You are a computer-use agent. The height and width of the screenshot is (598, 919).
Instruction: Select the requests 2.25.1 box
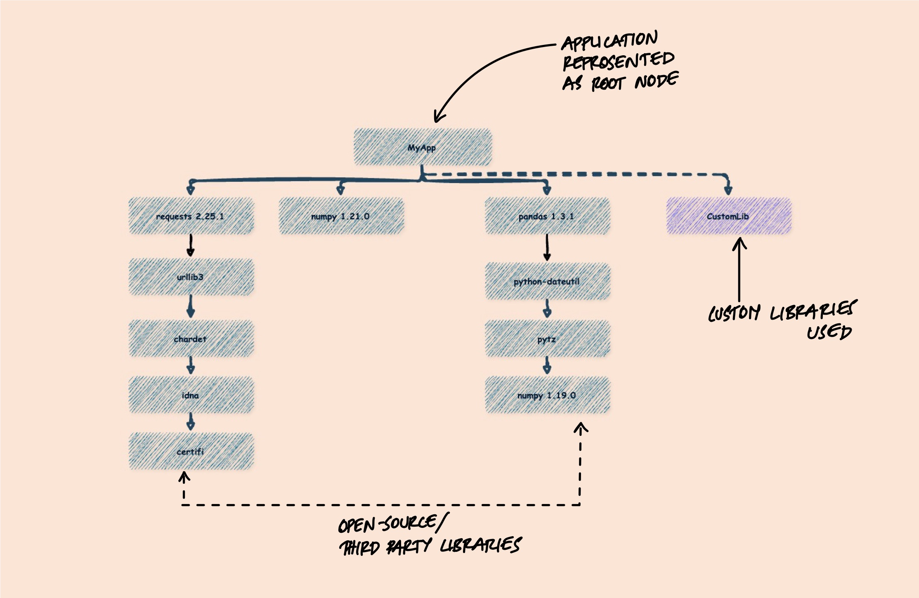[x=191, y=216]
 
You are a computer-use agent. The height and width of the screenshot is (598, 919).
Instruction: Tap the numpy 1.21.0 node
[x=341, y=216]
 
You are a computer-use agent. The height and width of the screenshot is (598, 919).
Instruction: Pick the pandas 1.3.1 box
[x=547, y=216]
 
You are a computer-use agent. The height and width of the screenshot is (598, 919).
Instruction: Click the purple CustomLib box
[x=729, y=216]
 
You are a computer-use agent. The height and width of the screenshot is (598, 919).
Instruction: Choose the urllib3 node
[x=191, y=277]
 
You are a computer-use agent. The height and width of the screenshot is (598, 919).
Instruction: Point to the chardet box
[x=191, y=339]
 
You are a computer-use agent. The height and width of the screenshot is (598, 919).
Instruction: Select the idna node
[x=191, y=395]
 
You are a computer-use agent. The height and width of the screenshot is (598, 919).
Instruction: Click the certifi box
[x=191, y=452]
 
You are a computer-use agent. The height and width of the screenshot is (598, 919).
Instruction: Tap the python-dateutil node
[x=547, y=281]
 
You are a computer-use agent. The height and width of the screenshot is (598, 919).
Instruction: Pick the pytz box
[x=547, y=339]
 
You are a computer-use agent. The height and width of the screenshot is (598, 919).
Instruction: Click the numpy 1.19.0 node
[x=547, y=395]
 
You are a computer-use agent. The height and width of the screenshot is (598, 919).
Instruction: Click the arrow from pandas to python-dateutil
[x=547, y=247]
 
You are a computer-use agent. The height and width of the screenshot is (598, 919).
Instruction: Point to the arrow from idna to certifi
[x=190, y=422]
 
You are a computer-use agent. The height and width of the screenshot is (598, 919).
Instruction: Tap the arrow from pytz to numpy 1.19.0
[x=547, y=365]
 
